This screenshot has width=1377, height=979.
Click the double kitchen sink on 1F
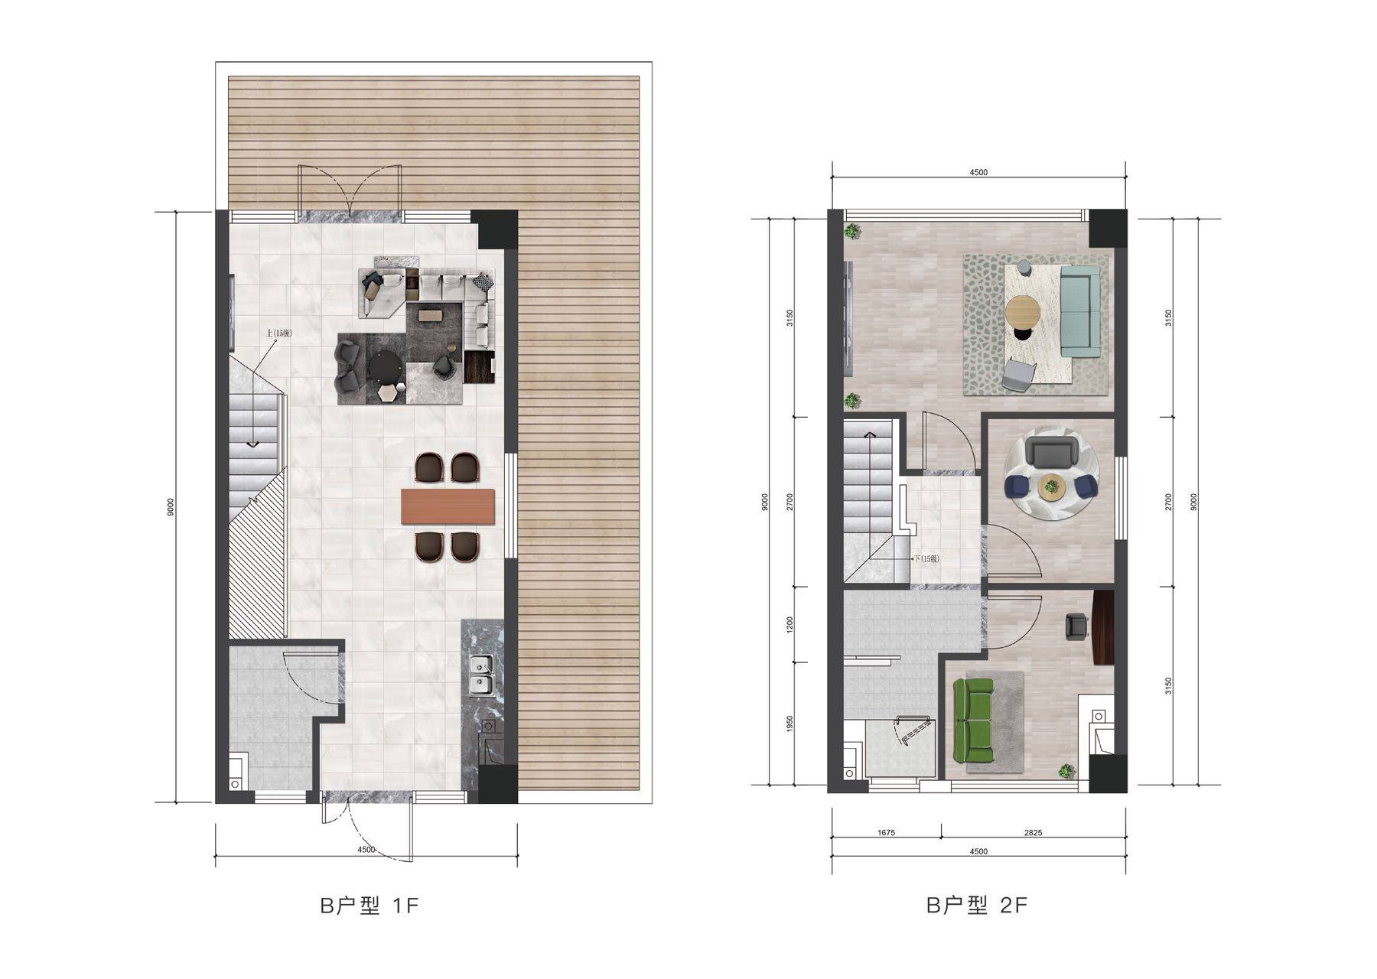pos(481,676)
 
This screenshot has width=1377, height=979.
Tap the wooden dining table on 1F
pos(448,507)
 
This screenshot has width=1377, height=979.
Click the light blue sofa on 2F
pos(1080,311)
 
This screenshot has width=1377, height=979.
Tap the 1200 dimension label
pos(790,625)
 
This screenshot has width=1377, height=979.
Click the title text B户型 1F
pos(369,906)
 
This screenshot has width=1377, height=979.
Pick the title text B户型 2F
pos(977,906)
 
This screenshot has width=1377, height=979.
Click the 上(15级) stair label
pos(279,333)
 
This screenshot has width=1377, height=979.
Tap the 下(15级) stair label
pos(926,558)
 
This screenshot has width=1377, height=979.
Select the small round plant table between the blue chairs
pos(1053,486)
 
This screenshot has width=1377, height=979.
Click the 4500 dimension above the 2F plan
pos(978,172)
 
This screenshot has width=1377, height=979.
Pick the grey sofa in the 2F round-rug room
pos(1052,450)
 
